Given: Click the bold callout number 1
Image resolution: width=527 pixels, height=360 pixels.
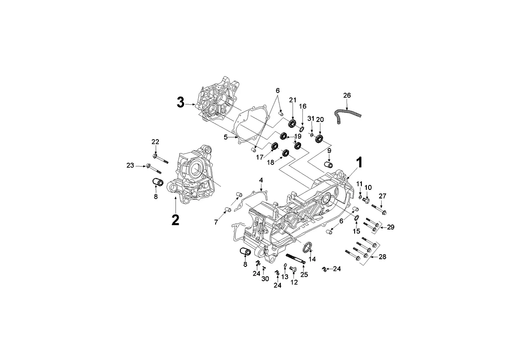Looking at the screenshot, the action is [359, 163].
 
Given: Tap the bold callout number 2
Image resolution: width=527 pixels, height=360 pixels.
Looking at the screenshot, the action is [175, 220].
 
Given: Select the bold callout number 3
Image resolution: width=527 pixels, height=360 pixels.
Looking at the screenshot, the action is [180, 102].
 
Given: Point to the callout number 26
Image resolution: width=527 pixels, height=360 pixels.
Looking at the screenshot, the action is [347, 95].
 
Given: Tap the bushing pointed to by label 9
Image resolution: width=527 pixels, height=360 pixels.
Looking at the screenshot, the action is [328, 165].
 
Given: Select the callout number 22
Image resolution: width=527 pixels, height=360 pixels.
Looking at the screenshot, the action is [155, 142].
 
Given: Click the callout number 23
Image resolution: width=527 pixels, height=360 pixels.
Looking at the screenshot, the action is [130, 166].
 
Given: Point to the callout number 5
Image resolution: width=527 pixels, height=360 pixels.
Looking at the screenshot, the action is [226, 137].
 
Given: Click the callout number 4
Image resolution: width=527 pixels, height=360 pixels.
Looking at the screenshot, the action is [261, 180].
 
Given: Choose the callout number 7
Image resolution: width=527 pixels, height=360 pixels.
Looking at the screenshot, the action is [216, 222].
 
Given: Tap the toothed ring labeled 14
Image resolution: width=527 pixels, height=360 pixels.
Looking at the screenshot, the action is [306, 247].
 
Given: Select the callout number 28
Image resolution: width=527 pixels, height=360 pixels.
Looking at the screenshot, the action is [382, 257].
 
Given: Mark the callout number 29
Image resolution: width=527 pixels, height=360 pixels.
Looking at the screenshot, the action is [390, 227].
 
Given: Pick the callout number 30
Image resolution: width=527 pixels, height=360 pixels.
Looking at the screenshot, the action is [265, 279].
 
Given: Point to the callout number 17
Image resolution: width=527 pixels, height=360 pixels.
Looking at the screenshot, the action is [260, 157].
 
